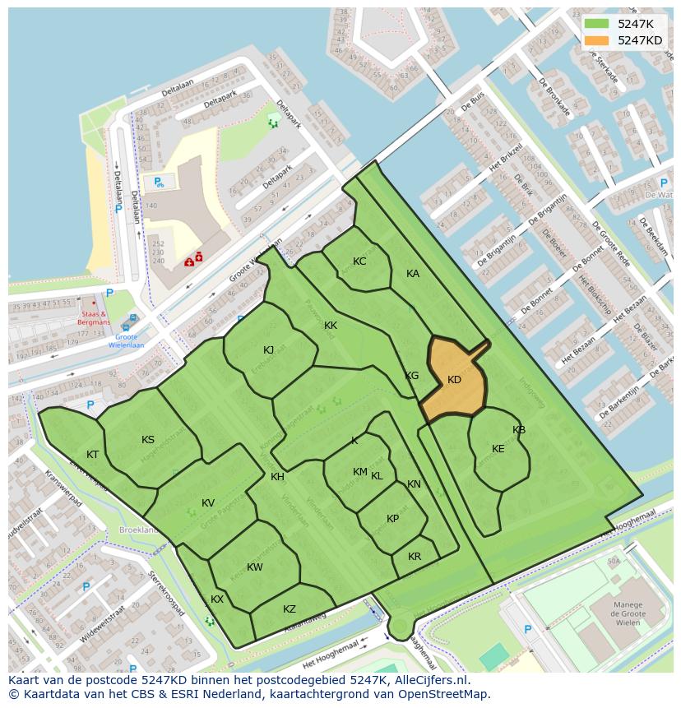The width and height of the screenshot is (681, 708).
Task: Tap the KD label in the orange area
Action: tap(454, 380)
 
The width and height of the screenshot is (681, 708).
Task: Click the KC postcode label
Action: tap(359, 261)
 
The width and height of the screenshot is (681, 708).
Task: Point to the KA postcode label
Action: tap(413, 274)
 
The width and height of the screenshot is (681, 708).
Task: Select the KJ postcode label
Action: tap(269, 350)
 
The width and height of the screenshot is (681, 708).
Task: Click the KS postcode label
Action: tap(148, 440)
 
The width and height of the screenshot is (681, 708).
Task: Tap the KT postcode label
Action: tap(93, 455)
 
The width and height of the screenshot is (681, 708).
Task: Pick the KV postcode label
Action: tap(208, 503)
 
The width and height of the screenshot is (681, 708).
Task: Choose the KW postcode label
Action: tap(255, 567)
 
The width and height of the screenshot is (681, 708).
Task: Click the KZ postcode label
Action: tap(290, 609)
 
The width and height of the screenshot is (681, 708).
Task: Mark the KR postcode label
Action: tap(415, 557)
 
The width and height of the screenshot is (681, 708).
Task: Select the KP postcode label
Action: tap(392, 519)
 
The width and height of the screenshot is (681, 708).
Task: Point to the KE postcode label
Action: tap(498, 449)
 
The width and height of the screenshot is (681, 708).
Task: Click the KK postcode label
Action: tap(331, 326)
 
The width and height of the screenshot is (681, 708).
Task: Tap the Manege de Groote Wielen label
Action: tap(628, 613)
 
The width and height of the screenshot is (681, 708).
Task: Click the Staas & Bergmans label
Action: tap(94, 318)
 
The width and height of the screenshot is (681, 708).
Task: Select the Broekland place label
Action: tap(138, 530)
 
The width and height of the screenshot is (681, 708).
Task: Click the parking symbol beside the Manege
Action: tap(528, 630)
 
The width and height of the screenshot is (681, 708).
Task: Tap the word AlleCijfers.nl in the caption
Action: tap(428, 680)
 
